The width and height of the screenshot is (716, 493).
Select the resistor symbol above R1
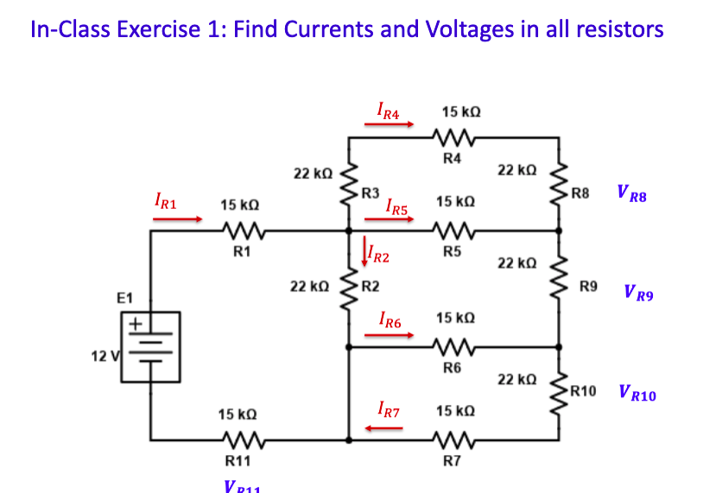[241, 231]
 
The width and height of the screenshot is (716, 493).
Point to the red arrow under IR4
[390, 124]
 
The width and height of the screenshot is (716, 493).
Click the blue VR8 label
[631, 195]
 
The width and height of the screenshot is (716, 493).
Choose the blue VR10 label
[637, 395]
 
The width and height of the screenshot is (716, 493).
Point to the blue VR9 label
[638, 294]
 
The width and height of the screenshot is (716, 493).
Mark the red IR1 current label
[165, 202]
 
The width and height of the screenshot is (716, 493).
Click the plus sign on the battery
[135, 323]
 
